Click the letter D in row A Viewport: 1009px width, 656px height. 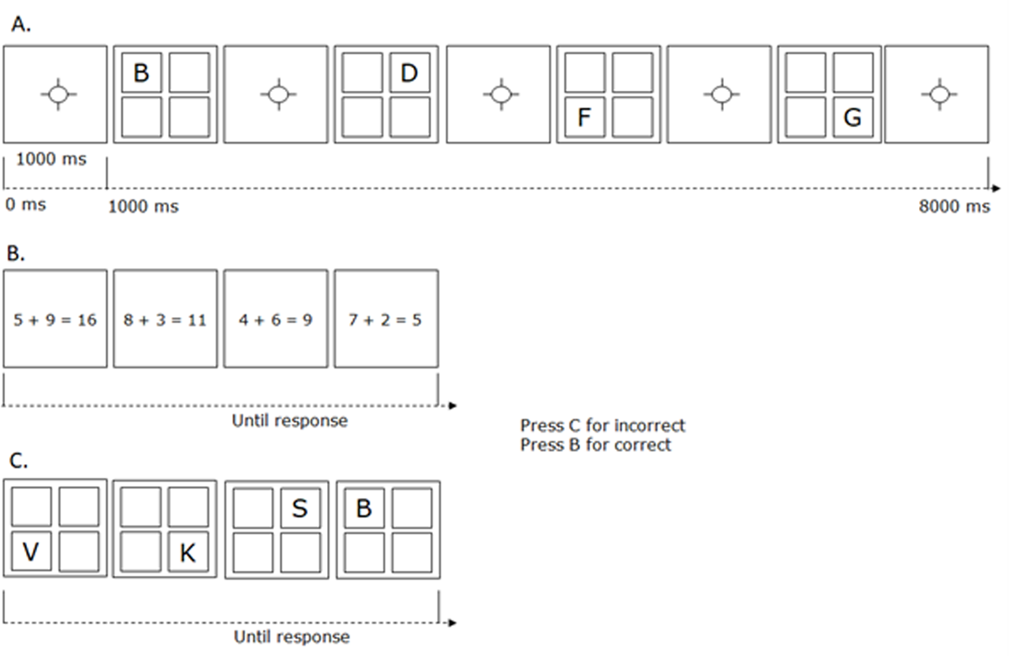(x=409, y=74)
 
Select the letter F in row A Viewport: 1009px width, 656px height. (x=585, y=118)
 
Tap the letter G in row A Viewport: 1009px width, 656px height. (x=852, y=118)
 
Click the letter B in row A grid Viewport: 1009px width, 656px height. (x=141, y=74)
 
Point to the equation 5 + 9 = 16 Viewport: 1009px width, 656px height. (x=55, y=320)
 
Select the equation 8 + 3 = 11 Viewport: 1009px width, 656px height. (x=165, y=320)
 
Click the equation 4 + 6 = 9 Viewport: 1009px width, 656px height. (x=275, y=320)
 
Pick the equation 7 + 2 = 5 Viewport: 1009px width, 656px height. (x=386, y=320)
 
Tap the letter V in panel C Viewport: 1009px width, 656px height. (x=31, y=552)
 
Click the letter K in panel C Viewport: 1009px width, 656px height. (x=188, y=553)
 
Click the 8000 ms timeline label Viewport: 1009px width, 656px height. (x=954, y=207)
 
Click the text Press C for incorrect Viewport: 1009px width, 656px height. (x=602, y=426)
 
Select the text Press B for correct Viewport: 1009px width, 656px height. (x=595, y=445)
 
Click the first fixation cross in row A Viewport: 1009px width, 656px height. (x=56, y=94)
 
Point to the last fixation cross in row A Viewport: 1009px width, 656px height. (x=938, y=94)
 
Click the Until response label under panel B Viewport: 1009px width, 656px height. (x=289, y=421)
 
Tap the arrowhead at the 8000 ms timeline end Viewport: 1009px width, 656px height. (x=995, y=189)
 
